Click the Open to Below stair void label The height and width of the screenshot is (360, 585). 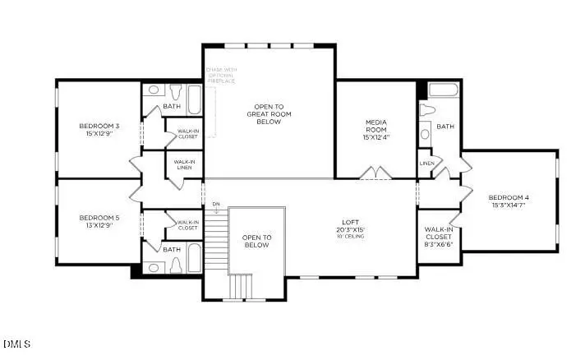[256, 241]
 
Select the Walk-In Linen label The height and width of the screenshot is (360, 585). [183, 165]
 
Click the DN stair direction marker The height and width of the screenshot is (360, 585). [215, 204]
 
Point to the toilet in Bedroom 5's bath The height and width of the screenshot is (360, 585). [175, 265]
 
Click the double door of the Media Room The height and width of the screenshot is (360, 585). [375, 173]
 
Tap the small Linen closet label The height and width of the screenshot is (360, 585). [426, 164]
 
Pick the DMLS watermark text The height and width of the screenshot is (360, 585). [16, 343]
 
